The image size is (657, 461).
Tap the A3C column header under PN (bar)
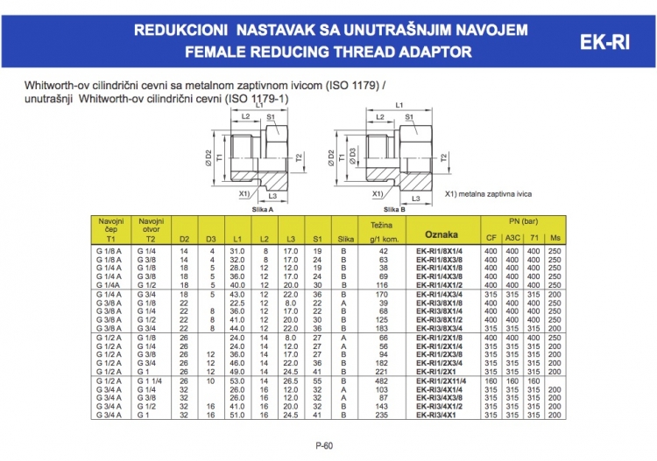coord(513,237)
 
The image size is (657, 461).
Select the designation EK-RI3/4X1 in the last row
coord(441,415)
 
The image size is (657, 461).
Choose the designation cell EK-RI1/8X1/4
coord(441,251)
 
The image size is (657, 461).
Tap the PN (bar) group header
coord(523,221)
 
